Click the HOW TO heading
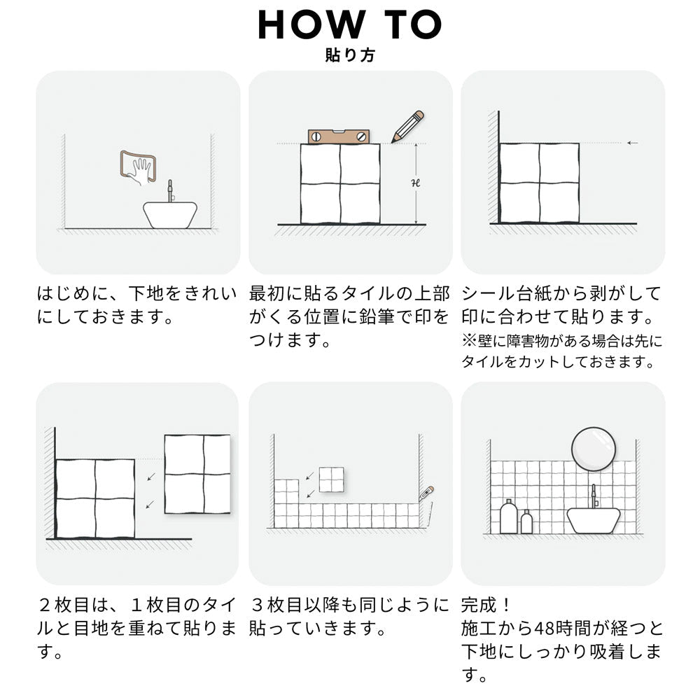pyautogui.click(x=349, y=25)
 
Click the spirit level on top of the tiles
pyautogui.click(x=339, y=137)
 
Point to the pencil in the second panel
pyautogui.click(x=407, y=126)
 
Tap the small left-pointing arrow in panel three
pyautogui.click(x=632, y=143)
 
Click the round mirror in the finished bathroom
pyautogui.click(x=594, y=447)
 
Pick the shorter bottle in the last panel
pyautogui.click(x=526, y=522)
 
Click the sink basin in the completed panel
pyautogui.click(x=593, y=520)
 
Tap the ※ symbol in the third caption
pyautogui.click(x=467, y=341)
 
